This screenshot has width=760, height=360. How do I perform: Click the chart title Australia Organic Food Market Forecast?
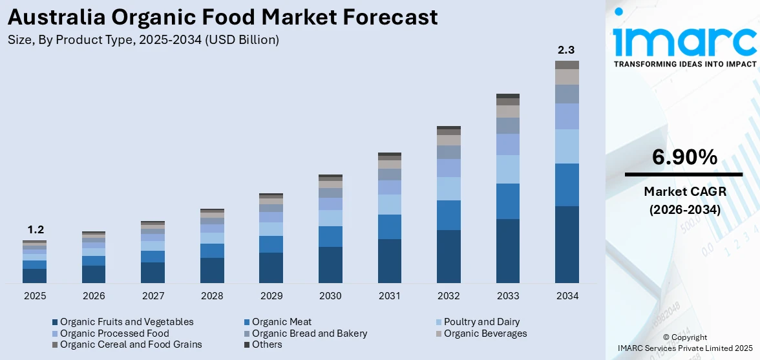pos(223,17)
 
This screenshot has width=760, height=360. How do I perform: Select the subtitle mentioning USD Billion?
pos(143,40)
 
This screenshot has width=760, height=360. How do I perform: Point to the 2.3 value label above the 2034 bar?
pos(567,50)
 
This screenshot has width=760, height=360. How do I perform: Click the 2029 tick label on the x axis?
pos(271,296)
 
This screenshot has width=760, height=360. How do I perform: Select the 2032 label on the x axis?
pos(449,296)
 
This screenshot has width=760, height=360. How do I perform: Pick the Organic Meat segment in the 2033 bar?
pos(507,201)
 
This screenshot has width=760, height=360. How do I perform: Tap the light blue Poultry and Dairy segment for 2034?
pos(567,146)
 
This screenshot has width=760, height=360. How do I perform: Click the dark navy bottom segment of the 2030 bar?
pos(330,264)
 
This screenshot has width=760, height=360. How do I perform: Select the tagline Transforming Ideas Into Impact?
pos(684,65)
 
